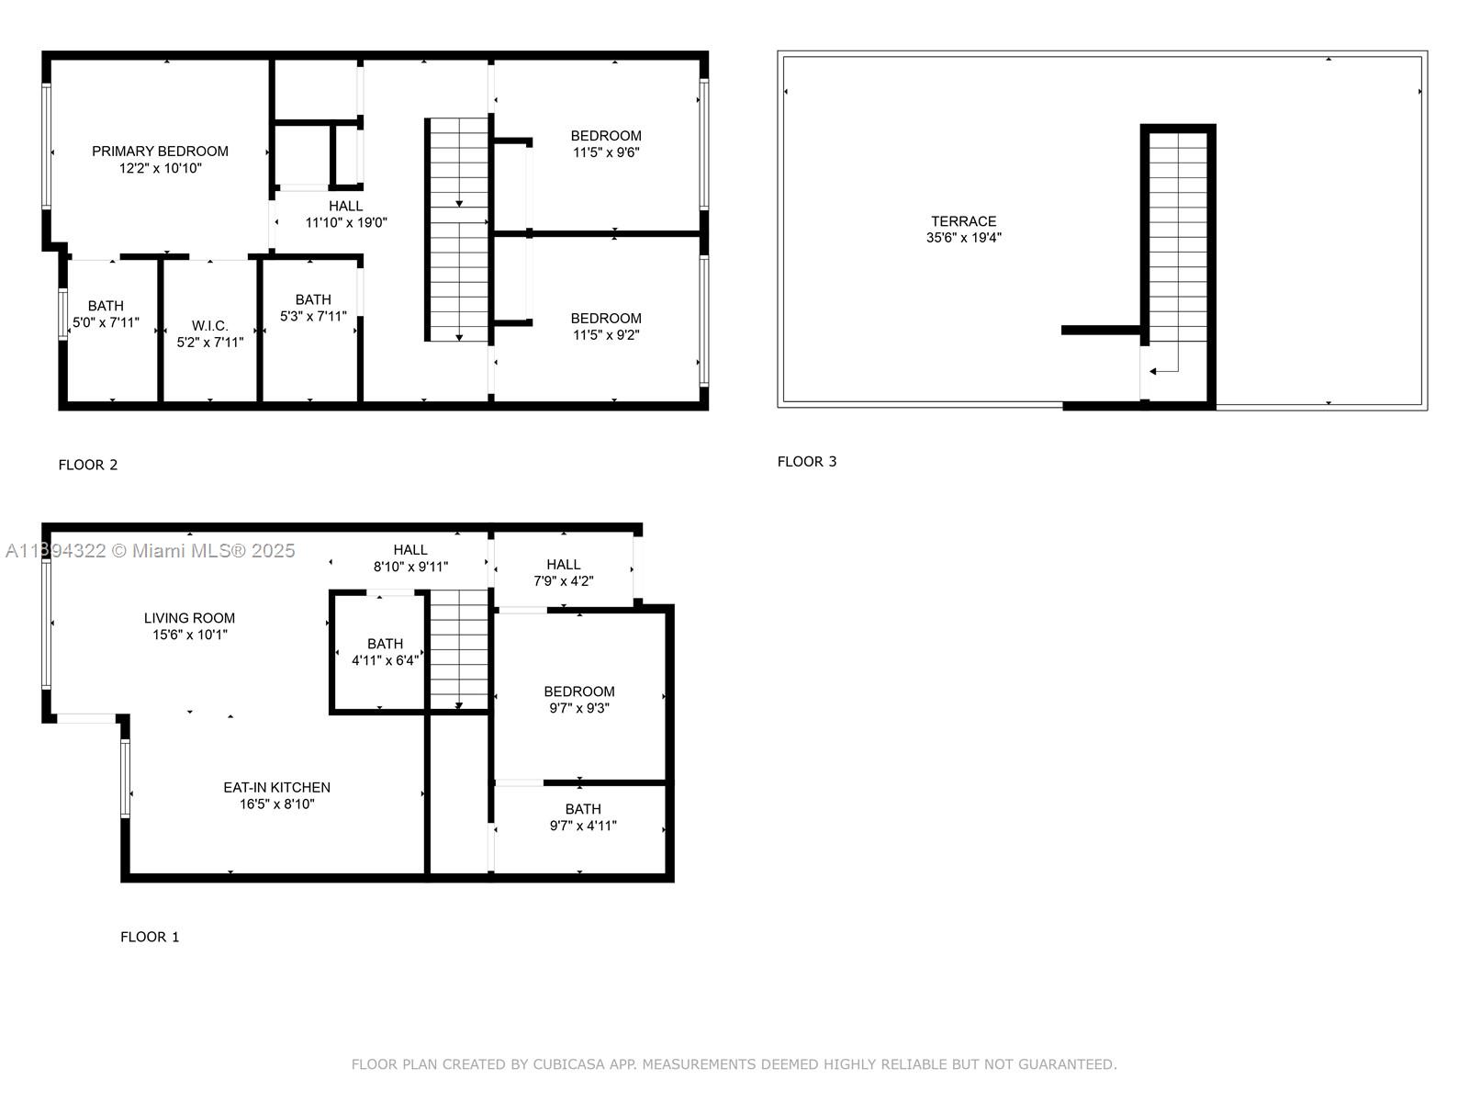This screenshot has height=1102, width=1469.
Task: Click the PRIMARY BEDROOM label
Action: coord(160,152)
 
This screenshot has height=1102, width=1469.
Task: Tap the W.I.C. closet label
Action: coord(210,326)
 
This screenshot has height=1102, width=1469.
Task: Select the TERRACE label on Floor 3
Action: coord(963,221)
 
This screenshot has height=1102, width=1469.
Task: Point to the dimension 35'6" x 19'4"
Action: coord(963,238)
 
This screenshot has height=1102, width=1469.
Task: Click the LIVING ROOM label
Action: coord(189,618)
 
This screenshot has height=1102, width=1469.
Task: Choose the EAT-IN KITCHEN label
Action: coord(276,787)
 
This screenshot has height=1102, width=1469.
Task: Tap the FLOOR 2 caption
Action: coord(88,465)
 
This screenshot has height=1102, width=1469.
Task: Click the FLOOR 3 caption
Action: coord(807,462)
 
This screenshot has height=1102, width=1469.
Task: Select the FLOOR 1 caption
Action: coord(150,937)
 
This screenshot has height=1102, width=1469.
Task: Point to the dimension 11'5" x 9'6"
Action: coord(606,152)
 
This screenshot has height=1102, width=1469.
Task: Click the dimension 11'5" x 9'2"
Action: coord(606,335)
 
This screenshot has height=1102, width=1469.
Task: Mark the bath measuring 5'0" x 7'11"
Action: coord(106,314)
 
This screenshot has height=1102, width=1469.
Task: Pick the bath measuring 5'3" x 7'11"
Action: coord(313,308)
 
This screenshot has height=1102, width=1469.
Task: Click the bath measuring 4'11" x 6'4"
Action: coord(385,652)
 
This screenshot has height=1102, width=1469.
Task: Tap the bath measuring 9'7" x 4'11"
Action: coord(583,817)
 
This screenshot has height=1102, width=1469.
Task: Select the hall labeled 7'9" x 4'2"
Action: coord(564,572)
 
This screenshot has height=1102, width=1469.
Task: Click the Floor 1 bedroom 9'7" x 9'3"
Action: coord(578,700)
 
